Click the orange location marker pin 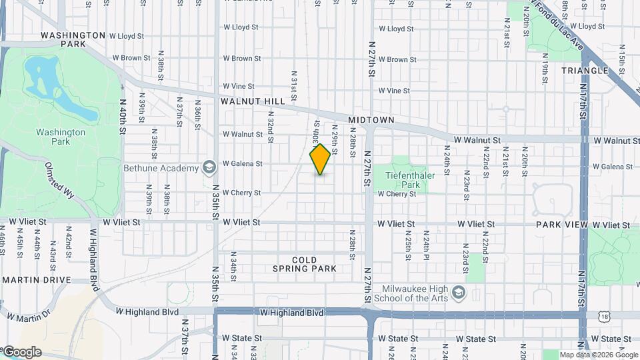click(x=321, y=159)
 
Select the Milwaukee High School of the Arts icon click(x=459, y=293)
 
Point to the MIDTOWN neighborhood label click(x=371, y=120)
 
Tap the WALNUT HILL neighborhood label click(x=253, y=101)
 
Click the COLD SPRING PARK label click(x=304, y=264)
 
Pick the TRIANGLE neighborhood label click(x=585, y=71)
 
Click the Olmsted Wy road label click(x=60, y=180)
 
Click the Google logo click(x=22, y=351)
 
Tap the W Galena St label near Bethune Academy click(x=242, y=163)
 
